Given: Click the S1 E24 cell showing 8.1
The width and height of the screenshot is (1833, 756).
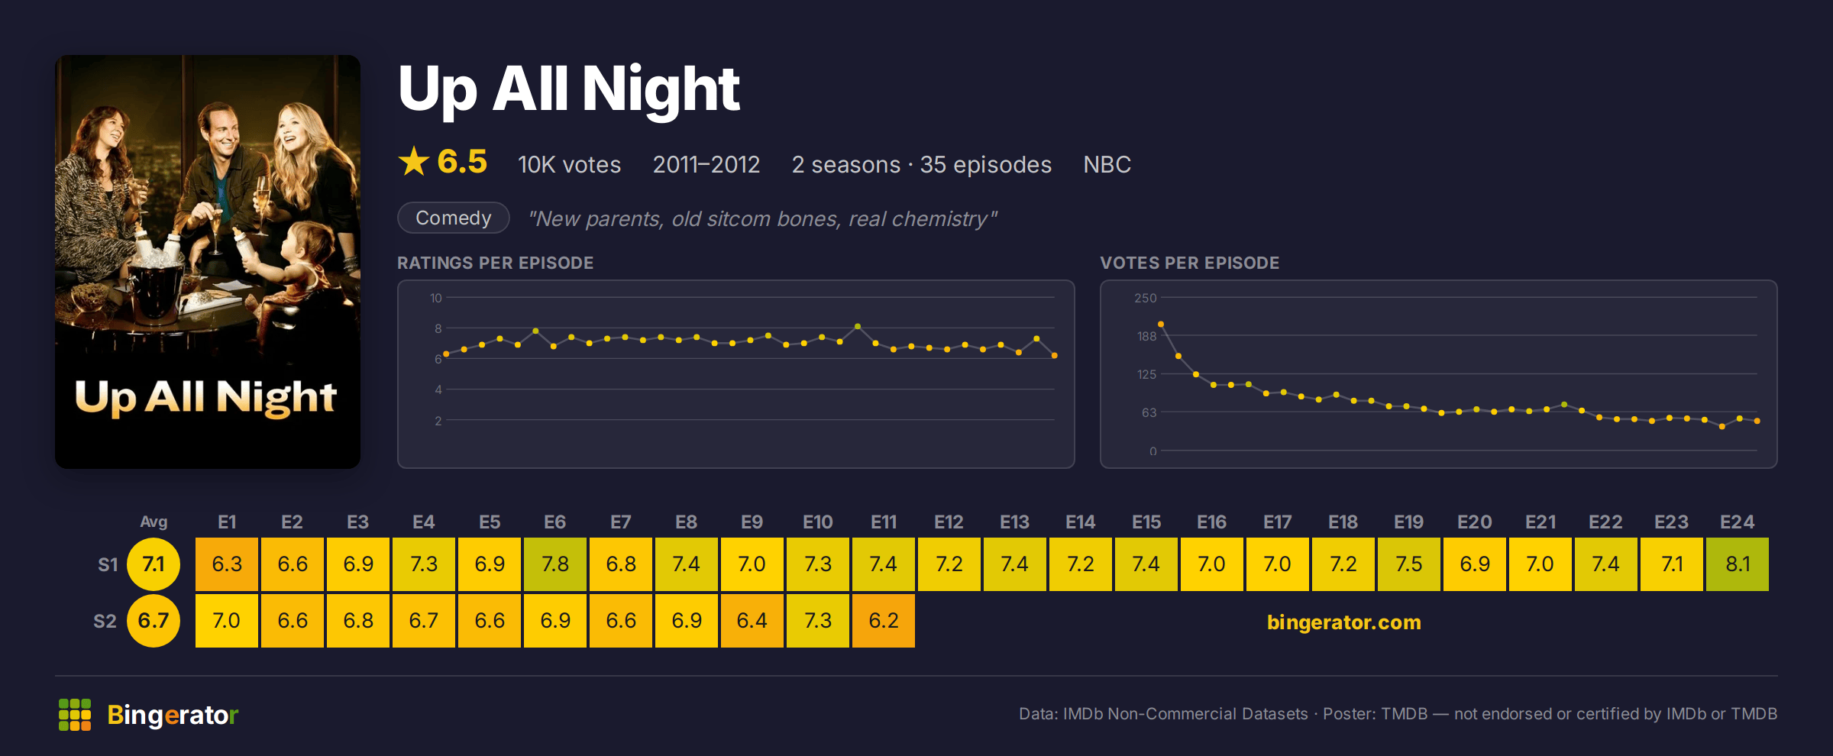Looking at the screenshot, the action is (x=1737, y=564).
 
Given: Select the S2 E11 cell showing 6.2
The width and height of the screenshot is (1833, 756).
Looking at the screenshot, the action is (x=883, y=621).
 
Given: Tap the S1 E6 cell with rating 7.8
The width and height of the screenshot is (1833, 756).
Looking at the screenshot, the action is (x=555, y=564).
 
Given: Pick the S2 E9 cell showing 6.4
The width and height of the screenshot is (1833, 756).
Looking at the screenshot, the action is (x=752, y=621).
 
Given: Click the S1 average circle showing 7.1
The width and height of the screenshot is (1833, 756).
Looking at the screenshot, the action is (x=154, y=564).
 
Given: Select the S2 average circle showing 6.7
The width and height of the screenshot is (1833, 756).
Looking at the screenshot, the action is (x=154, y=621).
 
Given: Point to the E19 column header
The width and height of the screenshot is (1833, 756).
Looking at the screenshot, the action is (x=1408, y=522).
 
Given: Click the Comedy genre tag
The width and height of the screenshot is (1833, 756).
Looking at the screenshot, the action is (x=454, y=218).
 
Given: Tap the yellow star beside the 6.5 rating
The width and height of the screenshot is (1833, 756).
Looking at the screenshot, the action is (x=414, y=161).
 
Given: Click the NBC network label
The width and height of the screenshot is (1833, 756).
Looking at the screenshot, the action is (x=1107, y=164).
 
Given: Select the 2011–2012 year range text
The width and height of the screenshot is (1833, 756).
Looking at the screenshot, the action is (x=706, y=164).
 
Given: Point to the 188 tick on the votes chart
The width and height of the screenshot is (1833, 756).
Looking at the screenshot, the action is (x=1146, y=336).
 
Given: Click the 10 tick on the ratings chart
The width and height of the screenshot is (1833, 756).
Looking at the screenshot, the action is (x=436, y=298).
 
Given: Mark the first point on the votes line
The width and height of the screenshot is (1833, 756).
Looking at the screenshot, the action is (x=1161, y=325).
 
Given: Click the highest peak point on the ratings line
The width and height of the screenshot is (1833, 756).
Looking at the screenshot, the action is (x=858, y=326).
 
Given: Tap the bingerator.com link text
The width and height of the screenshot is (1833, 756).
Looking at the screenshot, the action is (x=1343, y=622).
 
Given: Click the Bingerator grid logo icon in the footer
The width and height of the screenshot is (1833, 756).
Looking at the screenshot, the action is (x=75, y=715).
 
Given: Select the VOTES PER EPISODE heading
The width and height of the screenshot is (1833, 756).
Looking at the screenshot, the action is (x=1189, y=263).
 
